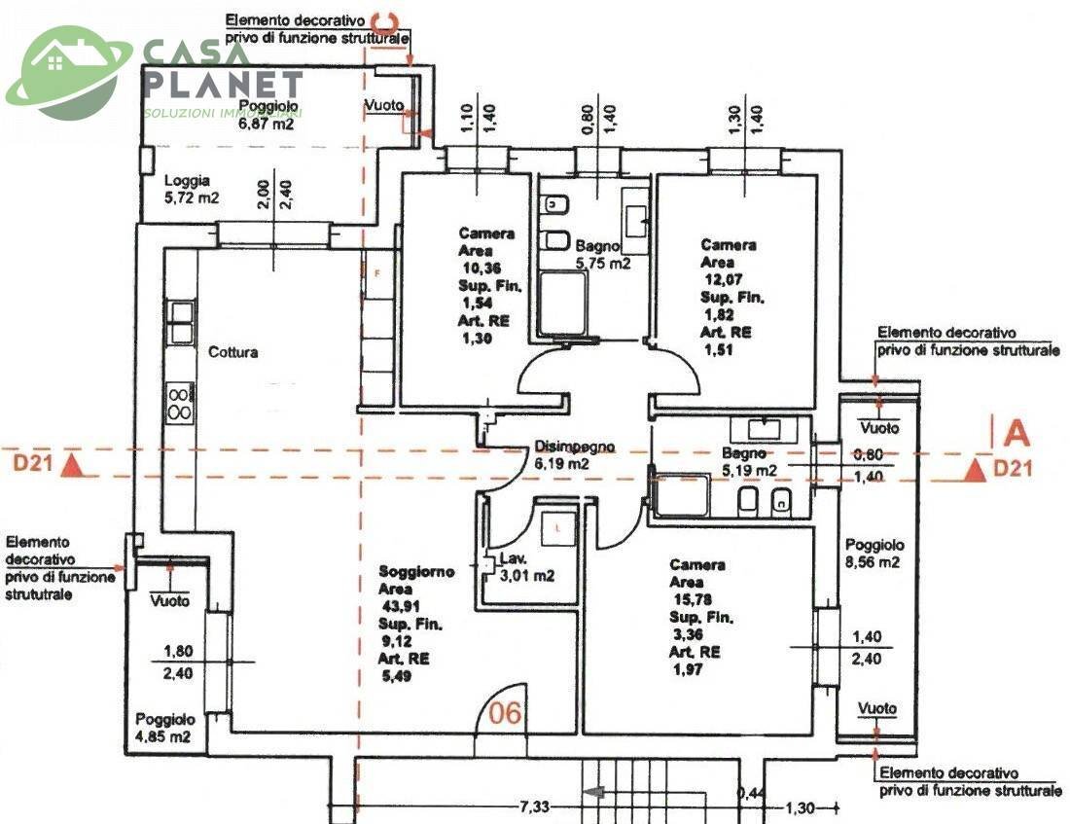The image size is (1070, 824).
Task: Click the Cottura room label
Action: (x=233, y=352)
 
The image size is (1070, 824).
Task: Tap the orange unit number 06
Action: (x=505, y=713)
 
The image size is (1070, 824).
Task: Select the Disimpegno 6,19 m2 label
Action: (x=575, y=456)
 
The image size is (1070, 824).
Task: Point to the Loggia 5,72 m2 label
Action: (x=191, y=188)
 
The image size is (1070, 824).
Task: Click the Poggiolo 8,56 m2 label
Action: (x=874, y=554)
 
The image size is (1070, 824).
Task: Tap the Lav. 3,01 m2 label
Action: (x=526, y=567)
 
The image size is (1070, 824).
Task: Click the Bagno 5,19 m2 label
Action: (x=749, y=461)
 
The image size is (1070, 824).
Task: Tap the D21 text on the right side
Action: (x=1013, y=470)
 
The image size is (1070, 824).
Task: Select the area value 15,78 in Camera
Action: (x=689, y=599)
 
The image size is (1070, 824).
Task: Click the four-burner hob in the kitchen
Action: (x=180, y=403)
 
